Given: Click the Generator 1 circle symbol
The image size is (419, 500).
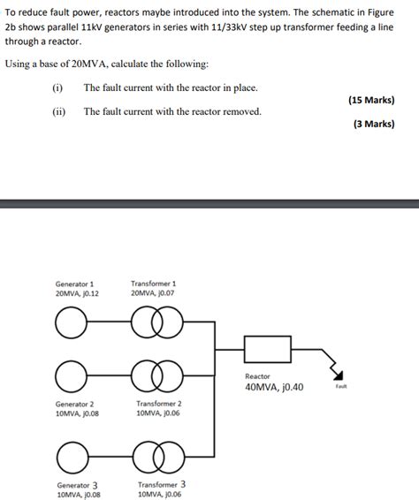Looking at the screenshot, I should (69, 324).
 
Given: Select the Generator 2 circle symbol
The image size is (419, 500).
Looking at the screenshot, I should (69, 376).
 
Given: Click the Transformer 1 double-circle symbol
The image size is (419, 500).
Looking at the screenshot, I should (156, 324).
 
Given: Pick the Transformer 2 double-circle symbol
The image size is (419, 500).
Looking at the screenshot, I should (156, 376).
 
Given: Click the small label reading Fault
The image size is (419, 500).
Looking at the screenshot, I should (341, 387).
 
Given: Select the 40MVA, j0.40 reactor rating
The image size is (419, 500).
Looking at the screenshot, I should (274, 387).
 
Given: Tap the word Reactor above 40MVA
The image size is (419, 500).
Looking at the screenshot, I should (258, 375).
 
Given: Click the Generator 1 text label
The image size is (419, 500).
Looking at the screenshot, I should (75, 284).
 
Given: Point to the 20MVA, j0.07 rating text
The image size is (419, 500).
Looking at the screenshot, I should (153, 293).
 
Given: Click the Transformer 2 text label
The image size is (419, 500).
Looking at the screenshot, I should (159, 403).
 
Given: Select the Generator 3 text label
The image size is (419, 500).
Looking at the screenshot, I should (79, 485).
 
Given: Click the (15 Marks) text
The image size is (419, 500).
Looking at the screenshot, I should (372, 100).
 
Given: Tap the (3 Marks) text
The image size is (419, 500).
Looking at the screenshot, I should (374, 125).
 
